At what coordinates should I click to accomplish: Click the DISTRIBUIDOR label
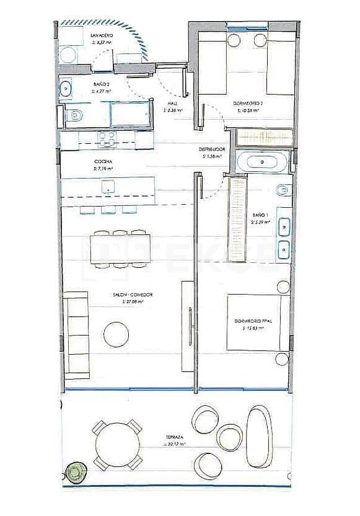tap(211, 149)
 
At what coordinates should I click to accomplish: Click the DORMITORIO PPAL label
tap(253, 321)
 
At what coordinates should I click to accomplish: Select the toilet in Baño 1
tap(282, 189)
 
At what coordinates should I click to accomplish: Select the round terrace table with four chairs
tap(117, 444)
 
